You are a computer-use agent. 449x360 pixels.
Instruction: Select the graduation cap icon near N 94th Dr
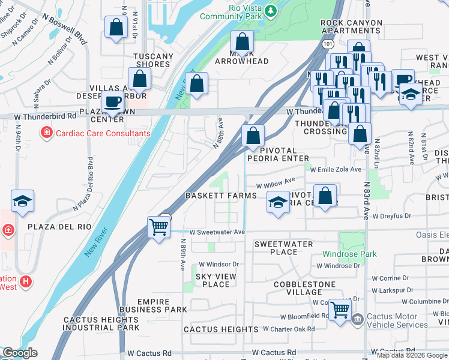(22, 202)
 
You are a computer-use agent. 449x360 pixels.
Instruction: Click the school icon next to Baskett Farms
(278, 203)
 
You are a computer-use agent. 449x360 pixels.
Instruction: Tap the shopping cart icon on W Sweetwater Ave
(158, 227)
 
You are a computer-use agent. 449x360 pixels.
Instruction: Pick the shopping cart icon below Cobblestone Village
(340, 310)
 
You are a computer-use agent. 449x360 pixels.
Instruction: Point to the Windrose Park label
(349, 254)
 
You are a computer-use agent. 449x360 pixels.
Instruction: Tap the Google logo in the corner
(20, 353)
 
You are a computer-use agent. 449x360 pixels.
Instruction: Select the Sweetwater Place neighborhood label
(283, 248)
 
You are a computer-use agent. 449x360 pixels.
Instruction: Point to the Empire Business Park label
(154, 305)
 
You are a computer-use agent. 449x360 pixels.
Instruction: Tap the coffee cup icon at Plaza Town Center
(112, 103)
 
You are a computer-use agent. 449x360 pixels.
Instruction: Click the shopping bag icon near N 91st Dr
(116, 27)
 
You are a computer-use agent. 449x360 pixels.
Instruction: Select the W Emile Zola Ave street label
(336, 170)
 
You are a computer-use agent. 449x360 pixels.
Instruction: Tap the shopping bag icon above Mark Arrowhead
(242, 42)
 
